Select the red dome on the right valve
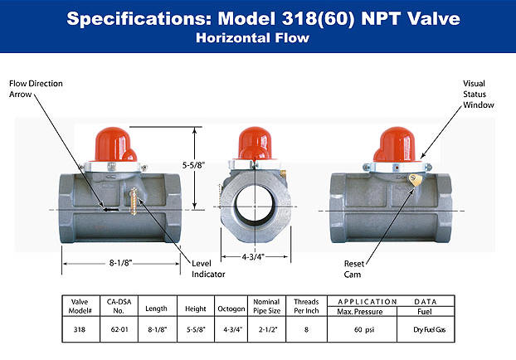(x=397, y=145)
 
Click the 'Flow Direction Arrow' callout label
(x=35, y=90)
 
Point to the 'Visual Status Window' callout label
(x=479, y=94)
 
